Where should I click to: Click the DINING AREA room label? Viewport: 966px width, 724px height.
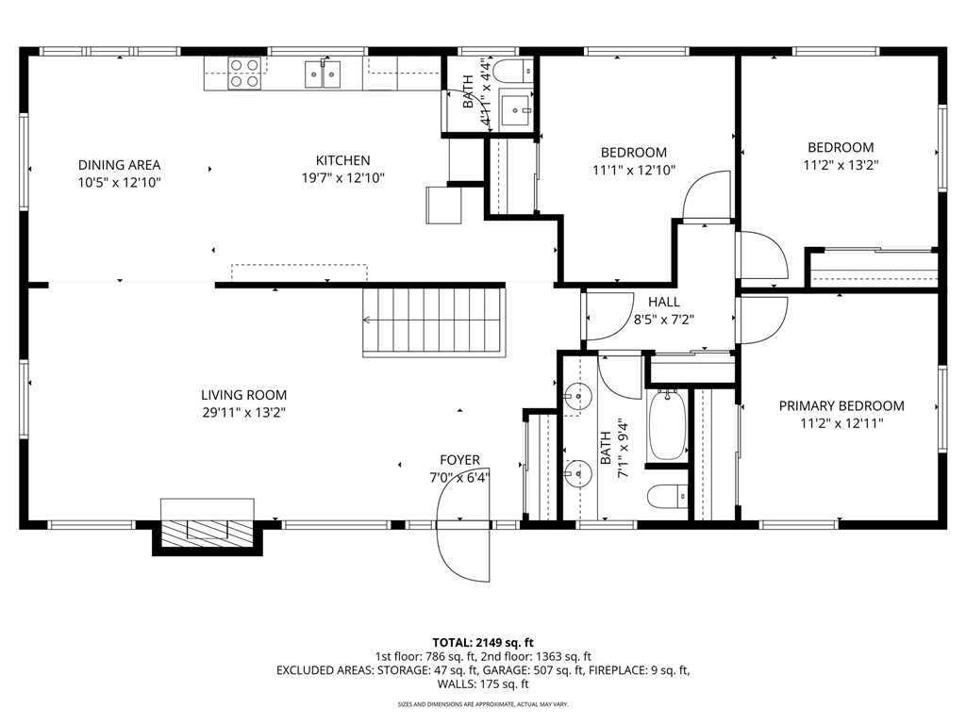coord(119,165)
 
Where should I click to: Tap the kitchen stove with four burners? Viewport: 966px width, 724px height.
coord(244,74)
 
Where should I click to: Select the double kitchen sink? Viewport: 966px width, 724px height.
coord(323,74)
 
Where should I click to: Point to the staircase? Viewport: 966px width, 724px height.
coord(434,322)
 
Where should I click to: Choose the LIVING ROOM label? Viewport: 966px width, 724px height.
coord(244,395)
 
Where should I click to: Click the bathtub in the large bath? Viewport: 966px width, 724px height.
coord(667,425)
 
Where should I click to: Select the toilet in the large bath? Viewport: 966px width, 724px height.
coord(668,496)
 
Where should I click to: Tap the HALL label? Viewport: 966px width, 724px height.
coord(664,302)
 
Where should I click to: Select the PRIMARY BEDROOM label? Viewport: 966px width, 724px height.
coord(841,405)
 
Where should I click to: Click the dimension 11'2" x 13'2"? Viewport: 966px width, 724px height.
coord(841,165)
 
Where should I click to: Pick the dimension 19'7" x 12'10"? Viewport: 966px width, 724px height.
coord(343,178)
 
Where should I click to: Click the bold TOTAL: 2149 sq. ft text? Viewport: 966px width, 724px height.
coord(483,643)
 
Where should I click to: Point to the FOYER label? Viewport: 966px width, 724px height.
coord(459,460)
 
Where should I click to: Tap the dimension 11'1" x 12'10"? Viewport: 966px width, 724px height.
coord(634,170)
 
